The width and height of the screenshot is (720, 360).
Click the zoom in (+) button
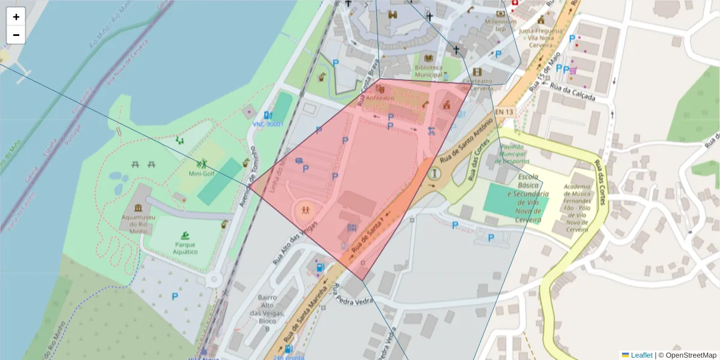coord(16,17)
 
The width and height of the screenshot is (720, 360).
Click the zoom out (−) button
coord(16,35)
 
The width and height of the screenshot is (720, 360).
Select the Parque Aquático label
coord(185,248)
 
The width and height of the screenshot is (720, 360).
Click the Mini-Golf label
coord(202,174)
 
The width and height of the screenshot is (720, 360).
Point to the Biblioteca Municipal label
coord(428,71)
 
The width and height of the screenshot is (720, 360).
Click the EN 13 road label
coord(505,112)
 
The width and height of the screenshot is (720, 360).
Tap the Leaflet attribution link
coord(641,355)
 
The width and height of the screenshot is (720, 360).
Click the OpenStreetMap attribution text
coord(690,355)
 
